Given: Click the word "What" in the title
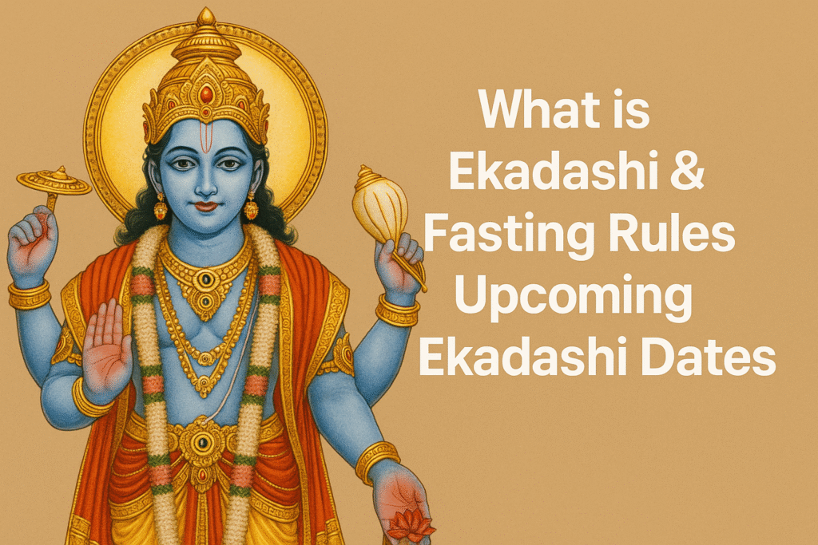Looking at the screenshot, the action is click(539, 109).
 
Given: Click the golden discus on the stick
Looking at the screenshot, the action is click(54, 182).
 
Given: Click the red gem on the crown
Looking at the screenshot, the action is click(207, 94).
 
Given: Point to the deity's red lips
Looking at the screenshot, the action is click(206, 207).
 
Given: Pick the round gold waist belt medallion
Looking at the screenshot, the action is click(202, 443).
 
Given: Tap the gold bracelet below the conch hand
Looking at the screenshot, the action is click(398, 311).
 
